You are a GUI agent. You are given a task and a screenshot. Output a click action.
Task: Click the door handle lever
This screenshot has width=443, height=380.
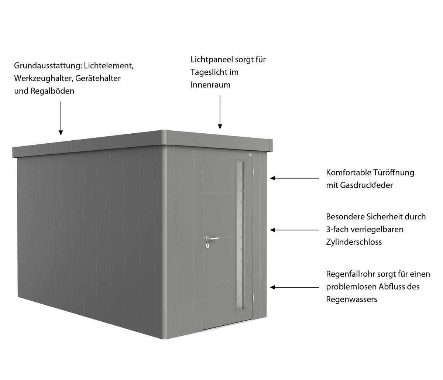pyautogui.click(x=212, y=238)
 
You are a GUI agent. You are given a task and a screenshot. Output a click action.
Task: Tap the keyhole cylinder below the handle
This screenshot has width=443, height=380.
pyautogui.click(x=207, y=246)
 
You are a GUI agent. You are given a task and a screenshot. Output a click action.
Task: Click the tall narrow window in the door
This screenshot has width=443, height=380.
pyautogui.click(x=240, y=236)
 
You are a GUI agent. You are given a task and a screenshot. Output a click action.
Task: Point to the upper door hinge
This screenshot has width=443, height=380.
pyautogui.click(x=253, y=171)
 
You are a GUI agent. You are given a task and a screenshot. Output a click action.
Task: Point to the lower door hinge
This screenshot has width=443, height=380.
pyautogui.click(x=253, y=297)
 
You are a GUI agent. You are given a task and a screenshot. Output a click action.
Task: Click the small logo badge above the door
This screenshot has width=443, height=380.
pyautogui.click(x=250, y=155)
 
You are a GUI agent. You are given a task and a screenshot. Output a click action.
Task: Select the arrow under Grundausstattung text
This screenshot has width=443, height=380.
pyautogui.click(x=61, y=119)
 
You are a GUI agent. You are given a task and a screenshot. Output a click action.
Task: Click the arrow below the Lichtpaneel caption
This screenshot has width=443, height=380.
pyautogui.click(x=220, y=112)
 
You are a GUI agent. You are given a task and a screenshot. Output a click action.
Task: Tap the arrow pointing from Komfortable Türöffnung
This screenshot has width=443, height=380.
pyautogui.click(x=295, y=178)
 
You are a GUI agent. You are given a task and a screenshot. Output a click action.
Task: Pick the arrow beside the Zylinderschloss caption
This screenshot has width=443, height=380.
pyautogui.click(x=295, y=230)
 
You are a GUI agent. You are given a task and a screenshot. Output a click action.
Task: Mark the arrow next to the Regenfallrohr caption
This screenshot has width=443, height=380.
pyautogui.click(x=295, y=287)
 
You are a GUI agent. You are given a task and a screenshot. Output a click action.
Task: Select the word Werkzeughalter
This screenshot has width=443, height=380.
pyautogui.click(x=44, y=78)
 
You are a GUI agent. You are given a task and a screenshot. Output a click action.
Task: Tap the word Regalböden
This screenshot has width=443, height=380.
pyautogui.click(x=52, y=91)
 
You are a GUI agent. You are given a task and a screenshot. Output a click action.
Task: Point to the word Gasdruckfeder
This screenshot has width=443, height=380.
pyautogui.click(x=366, y=185)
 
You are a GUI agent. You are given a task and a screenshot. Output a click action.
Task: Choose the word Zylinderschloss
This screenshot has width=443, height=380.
pyautogui.click(x=354, y=242)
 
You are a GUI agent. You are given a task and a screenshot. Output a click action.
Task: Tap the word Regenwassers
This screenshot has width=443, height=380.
pyautogui.click(x=351, y=299)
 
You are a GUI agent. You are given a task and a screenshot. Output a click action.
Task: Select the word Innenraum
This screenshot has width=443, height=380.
pyautogui.click(x=210, y=85)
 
